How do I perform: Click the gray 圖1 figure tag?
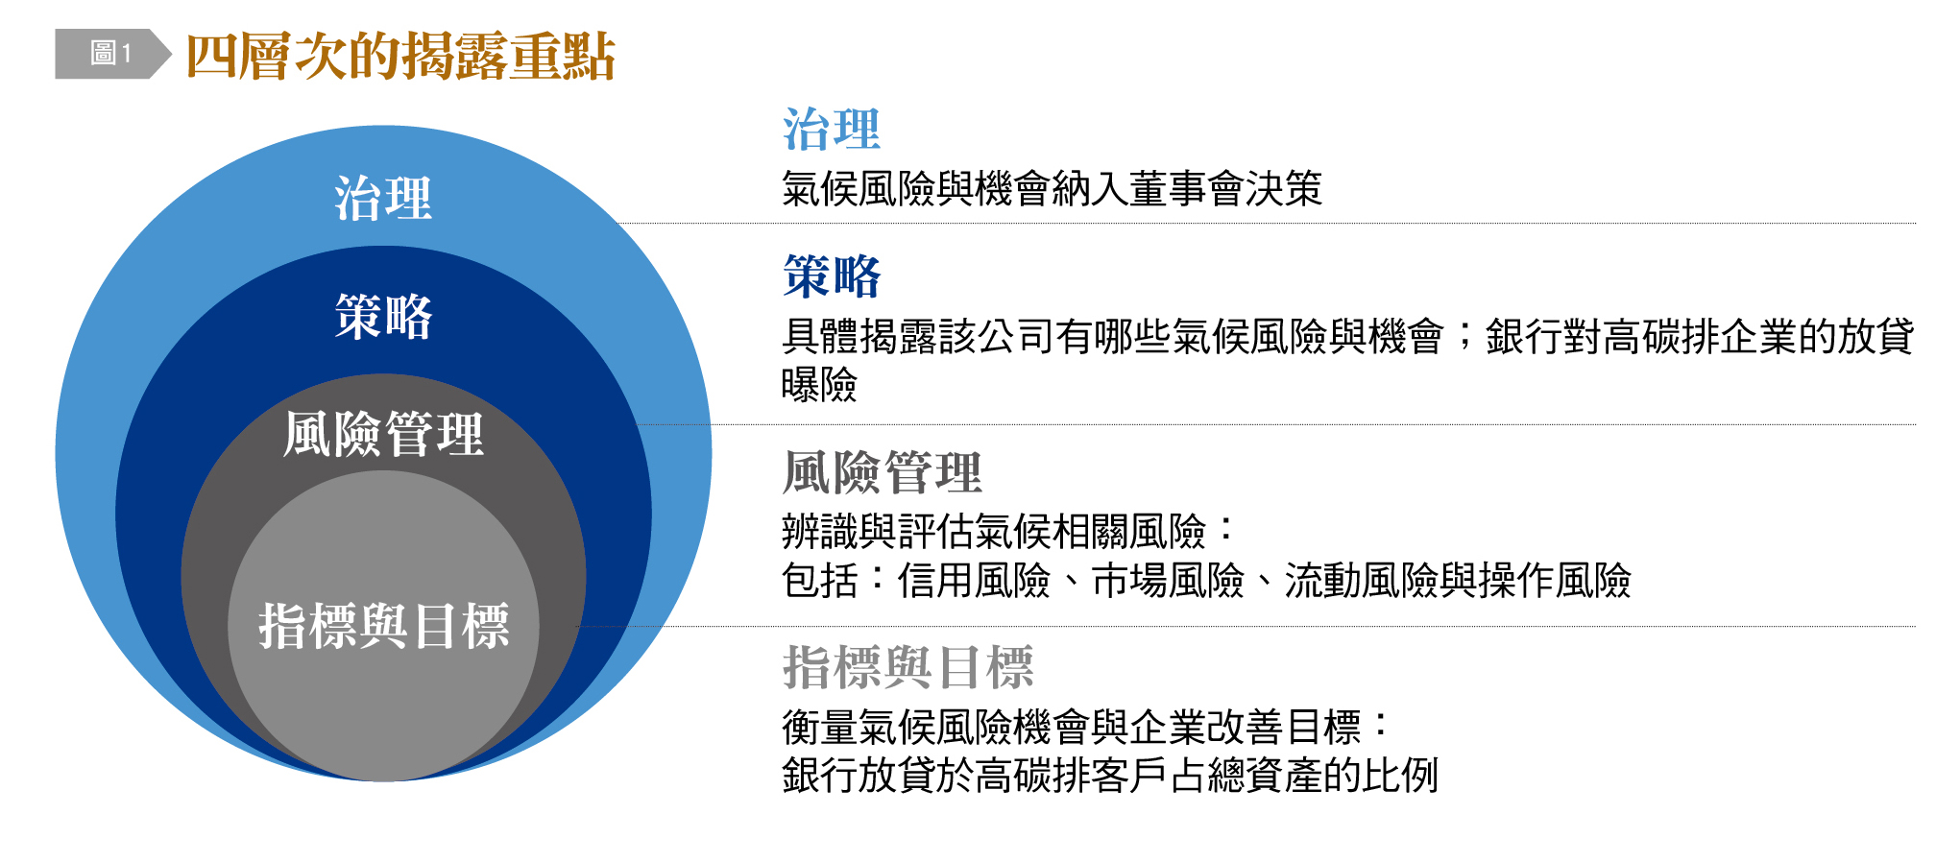112,54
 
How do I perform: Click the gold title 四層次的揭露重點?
399,56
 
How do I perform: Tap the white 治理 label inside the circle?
383,199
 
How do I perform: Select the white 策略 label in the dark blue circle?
383,316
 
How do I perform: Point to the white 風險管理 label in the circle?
383,434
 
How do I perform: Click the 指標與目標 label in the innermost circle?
383,626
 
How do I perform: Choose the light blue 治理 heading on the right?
832,130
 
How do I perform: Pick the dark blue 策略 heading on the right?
832,276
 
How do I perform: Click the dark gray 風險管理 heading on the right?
882,472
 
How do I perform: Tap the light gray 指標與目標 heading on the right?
907,667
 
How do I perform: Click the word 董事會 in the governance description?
1186,188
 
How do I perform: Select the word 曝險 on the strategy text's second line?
819,385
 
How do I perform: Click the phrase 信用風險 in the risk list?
974,580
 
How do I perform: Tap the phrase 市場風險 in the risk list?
1168,580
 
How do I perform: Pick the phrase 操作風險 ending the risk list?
1555,580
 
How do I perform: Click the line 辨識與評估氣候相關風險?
994,531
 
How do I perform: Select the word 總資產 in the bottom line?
1264,775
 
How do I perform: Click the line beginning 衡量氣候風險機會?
1072,727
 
